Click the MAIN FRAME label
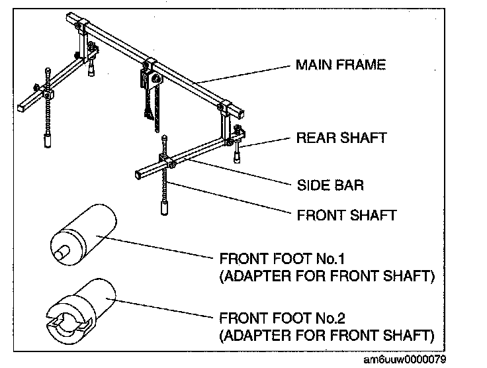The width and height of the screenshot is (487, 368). click(x=340, y=66)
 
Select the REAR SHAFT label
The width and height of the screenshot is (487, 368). click(x=341, y=138)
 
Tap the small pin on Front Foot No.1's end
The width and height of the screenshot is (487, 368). click(x=64, y=252)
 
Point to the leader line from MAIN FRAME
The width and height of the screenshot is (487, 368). click(x=245, y=73)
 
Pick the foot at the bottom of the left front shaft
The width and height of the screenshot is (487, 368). click(x=48, y=141)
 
